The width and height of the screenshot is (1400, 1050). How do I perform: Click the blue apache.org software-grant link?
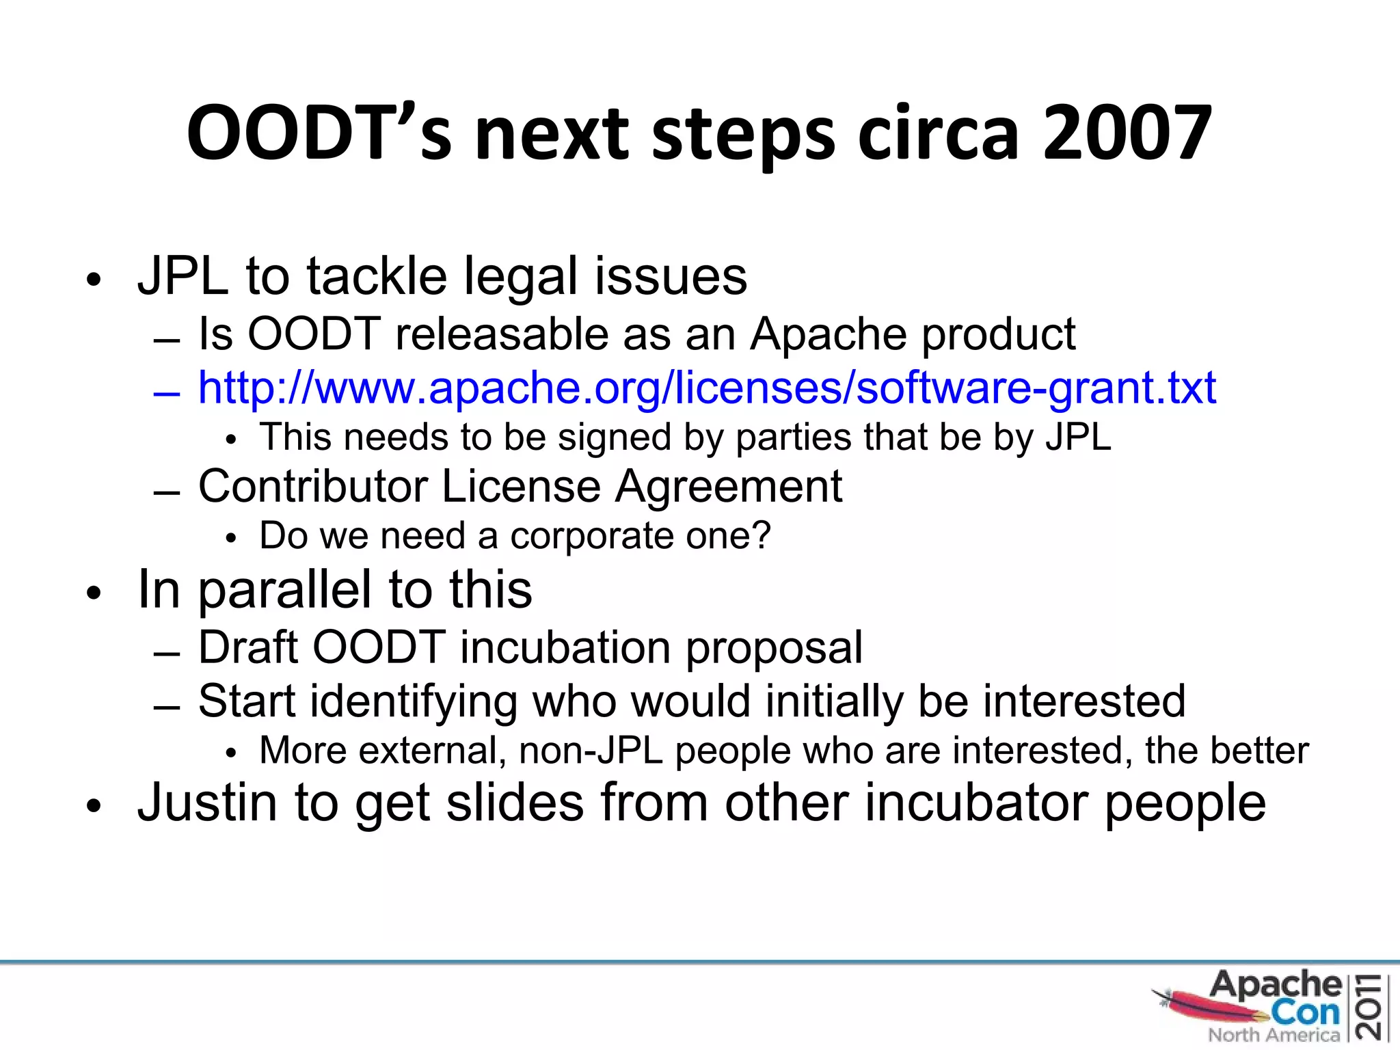pyautogui.click(x=707, y=388)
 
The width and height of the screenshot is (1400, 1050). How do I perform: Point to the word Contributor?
pyautogui.click(x=313, y=487)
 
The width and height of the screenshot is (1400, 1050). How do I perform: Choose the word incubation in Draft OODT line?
pyautogui.click(x=565, y=647)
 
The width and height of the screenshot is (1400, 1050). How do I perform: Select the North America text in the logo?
pyautogui.click(x=1274, y=1035)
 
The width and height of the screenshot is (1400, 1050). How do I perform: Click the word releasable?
pyautogui.click(x=501, y=334)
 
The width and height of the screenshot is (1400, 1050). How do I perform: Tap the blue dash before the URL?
pyautogui.click(x=167, y=394)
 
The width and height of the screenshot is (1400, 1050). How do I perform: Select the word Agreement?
pyautogui.click(x=728, y=487)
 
